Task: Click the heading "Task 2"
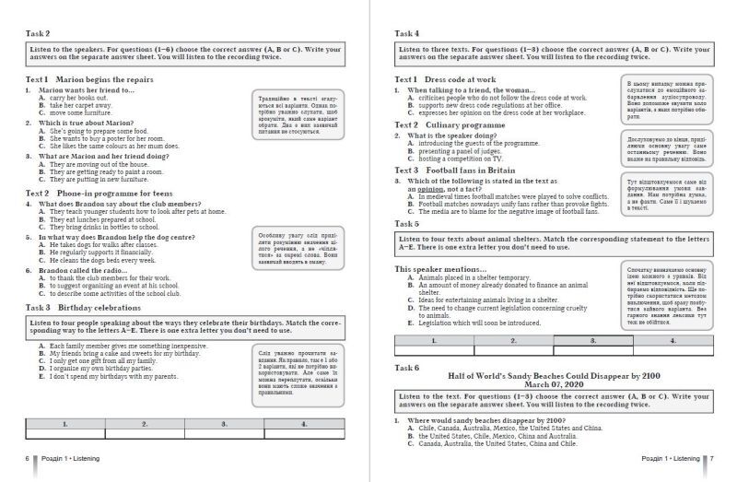tap(38, 33)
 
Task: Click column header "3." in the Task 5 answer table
tap(595, 339)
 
